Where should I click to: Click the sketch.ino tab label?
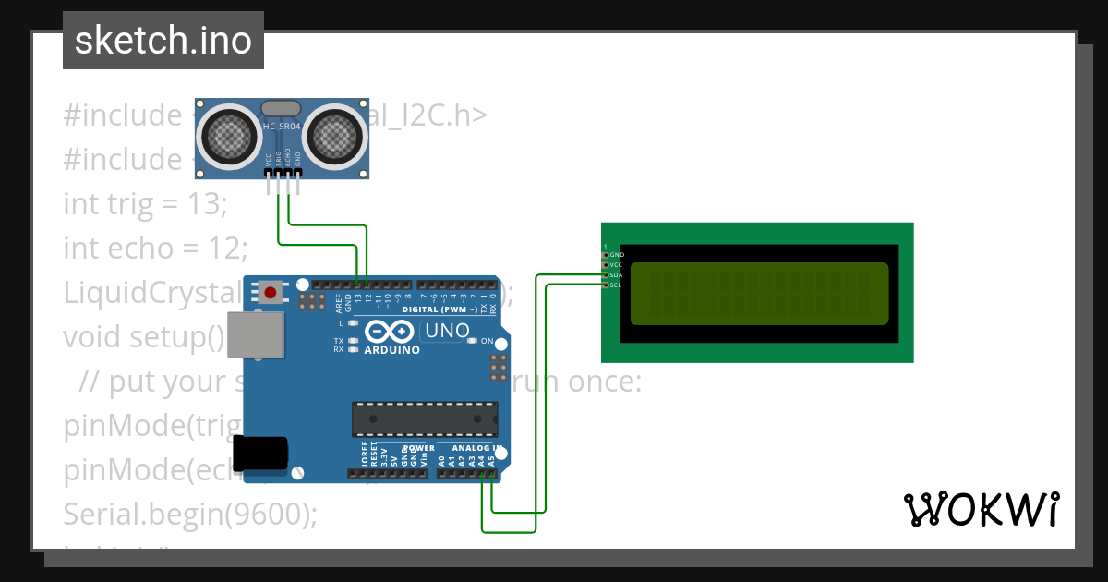(163, 41)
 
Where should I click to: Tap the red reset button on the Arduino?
(271, 294)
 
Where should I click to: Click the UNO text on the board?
(445, 331)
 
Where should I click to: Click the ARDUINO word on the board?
(391, 350)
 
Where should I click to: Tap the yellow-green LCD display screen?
(759, 294)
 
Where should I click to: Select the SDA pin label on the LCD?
(616, 275)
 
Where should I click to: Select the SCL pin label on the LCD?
(616, 285)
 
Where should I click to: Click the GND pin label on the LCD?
(617, 254)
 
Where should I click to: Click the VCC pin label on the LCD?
(616, 265)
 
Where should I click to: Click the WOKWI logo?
(981, 509)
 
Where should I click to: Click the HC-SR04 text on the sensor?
(281, 126)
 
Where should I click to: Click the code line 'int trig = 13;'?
(144, 203)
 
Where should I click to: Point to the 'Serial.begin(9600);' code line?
(189, 514)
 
